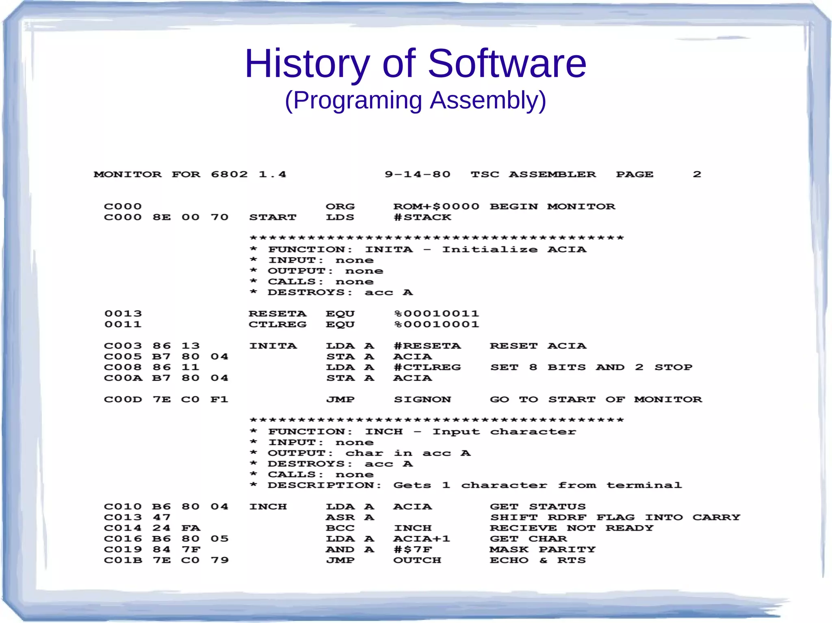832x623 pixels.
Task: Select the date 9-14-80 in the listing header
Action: [418, 175]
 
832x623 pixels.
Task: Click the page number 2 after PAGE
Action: [697, 175]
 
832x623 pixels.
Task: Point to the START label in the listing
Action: [273, 218]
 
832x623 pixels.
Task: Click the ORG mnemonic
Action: [340, 207]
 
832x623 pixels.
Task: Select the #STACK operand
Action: [422, 218]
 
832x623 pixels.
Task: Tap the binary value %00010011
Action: [436, 314]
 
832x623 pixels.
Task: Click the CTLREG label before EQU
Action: [277, 325]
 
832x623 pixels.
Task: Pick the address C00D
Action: [123, 400]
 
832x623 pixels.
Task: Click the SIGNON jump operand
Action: [422, 400]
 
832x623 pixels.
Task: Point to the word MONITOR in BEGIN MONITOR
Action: [581, 207]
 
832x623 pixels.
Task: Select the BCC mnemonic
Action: [340, 528]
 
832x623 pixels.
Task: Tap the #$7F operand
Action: [413, 550]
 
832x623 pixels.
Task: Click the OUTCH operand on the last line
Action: [417, 560]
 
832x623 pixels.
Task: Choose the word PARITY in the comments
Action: [567, 550]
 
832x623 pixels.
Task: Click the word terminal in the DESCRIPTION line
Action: [644, 485]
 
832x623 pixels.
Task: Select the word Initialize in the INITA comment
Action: [490, 250]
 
